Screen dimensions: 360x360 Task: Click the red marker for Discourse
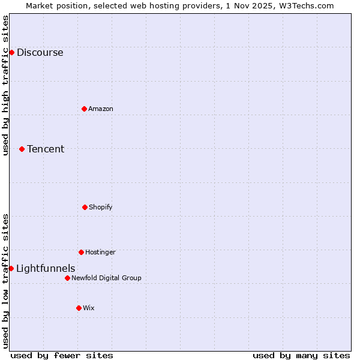point(11,52)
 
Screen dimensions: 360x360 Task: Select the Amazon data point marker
point(84,109)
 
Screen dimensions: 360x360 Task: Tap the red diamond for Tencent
point(22,149)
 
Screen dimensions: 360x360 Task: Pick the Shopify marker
point(85,207)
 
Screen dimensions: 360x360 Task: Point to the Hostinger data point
point(81,252)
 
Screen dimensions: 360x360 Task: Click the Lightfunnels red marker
point(11,268)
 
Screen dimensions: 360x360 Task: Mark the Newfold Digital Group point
point(67,278)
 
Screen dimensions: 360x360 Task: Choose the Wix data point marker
point(79,308)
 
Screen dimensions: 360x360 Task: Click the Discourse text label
point(40,52)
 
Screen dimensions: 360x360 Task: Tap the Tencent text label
point(46,149)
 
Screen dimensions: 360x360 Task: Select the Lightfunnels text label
point(46,268)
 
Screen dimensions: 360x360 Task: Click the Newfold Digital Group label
point(106,278)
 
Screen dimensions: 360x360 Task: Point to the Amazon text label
point(101,109)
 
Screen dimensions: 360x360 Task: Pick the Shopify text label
point(101,207)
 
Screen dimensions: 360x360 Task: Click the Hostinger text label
point(100,252)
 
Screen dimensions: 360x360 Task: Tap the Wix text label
point(89,308)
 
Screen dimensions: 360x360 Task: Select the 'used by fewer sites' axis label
point(62,355)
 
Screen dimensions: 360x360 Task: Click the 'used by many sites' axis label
point(301,355)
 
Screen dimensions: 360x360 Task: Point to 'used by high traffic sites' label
point(5,85)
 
